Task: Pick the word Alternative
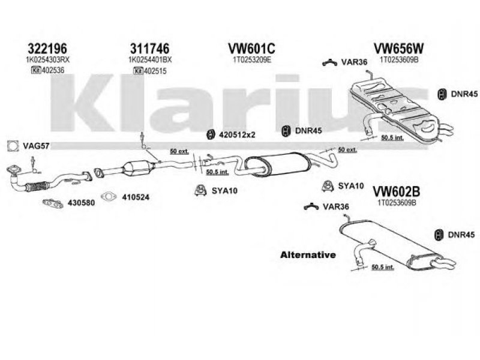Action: point(308,255)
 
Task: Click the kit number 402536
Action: point(54,71)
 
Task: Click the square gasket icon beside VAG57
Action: point(11,145)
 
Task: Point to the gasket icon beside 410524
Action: point(109,196)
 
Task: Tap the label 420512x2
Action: point(239,134)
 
